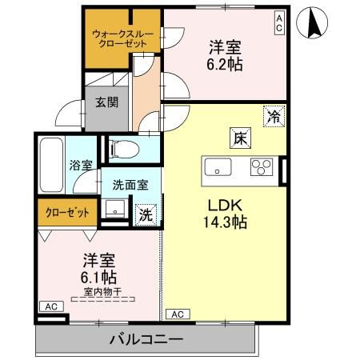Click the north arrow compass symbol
(x=314, y=26)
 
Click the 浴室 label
(x=81, y=166)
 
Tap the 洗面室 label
(x=130, y=183)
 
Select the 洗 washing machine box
(x=146, y=214)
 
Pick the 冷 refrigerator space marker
(x=274, y=117)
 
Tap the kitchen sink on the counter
(x=218, y=167)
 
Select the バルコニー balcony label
(x=146, y=339)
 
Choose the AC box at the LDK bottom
(x=178, y=314)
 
